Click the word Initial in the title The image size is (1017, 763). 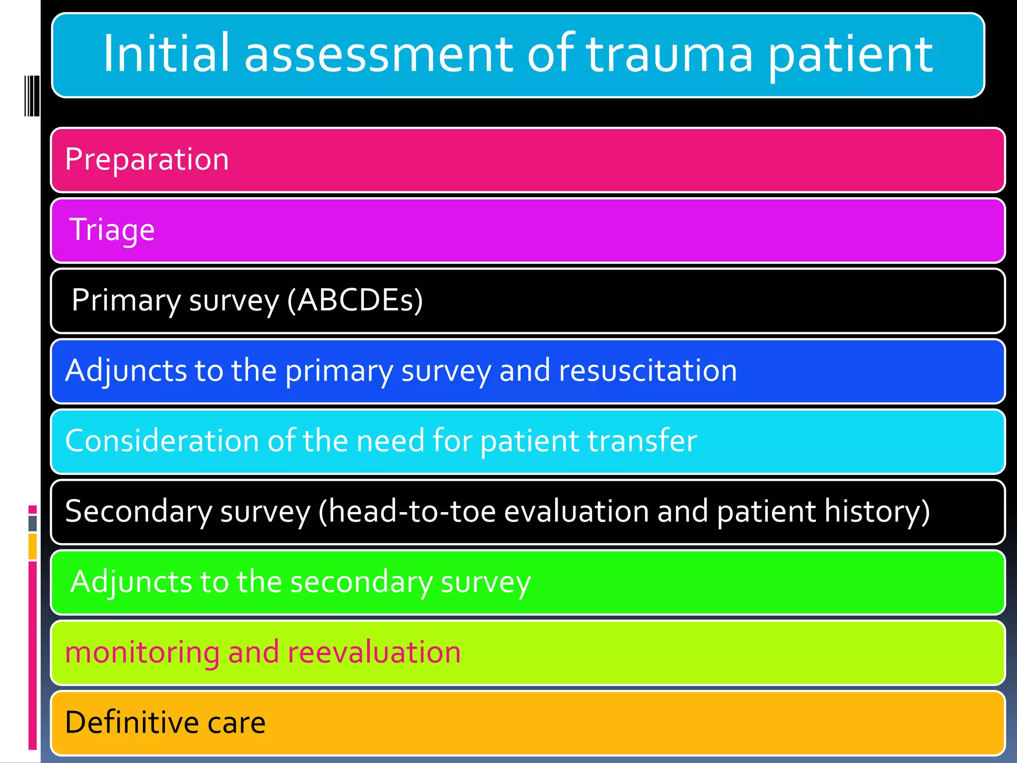tap(166, 53)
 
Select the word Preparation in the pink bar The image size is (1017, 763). tap(147, 159)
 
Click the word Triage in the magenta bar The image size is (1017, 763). tap(112, 230)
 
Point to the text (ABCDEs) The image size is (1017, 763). tap(355, 301)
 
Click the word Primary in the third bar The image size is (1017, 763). tap(126, 301)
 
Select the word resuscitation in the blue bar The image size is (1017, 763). tap(648, 371)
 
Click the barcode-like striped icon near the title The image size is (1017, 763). tap(32, 95)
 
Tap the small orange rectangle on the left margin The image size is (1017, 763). tap(32, 546)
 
